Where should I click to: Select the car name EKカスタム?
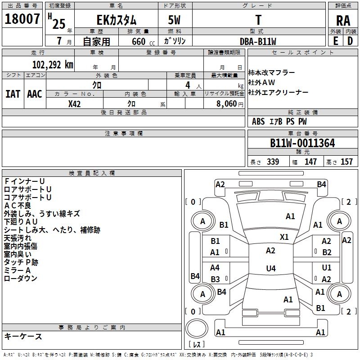pyautogui.click(x=117, y=20)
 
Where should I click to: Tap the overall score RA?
pyautogui.click(x=343, y=20)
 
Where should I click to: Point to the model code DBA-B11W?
pyautogui.click(x=258, y=41)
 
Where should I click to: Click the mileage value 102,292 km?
pyautogui.click(x=53, y=64)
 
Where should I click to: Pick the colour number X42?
pyautogui.click(x=74, y=104)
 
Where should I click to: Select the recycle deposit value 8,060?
pyautogui.click(x=224, y=104)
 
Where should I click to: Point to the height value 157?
pyautogui.click(x=346, y=162)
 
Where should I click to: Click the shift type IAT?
pyautogui.click(x=13, y=94)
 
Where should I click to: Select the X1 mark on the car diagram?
pyautogui.click(x=284, y=237)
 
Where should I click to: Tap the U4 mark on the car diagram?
pyautogui.click(x=270, y=269)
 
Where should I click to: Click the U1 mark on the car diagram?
pyautogui.click(x=327, y=268)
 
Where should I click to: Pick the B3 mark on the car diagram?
pyautogui.click(x=215, y=279)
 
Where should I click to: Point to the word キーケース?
pyautogui.click(x=23, y=336)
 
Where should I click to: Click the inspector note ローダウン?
pyautogui.click(x=21, y=279)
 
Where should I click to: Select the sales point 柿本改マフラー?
pyautogui.click(x=272, y=73)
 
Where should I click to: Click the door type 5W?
pyautogui.click(x=175, y=20)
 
